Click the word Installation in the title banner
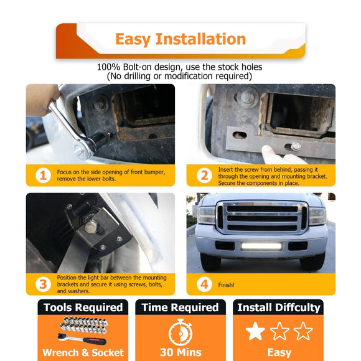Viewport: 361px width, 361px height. [201, 39]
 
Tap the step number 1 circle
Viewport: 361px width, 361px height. [43, 176]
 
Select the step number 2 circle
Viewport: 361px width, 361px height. [204, 176]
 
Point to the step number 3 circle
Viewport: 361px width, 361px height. [43, 284]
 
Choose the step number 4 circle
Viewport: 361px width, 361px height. [204, 284]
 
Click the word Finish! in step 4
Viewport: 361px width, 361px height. [226, 285]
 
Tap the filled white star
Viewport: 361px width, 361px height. [255, 331]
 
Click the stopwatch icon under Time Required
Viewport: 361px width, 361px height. [180, 332]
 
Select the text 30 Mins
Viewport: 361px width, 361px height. [180, 352]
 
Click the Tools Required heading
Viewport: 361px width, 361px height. [83, 307]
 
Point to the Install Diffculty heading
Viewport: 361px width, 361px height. [279, 308]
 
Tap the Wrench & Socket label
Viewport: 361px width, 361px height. [83, 352]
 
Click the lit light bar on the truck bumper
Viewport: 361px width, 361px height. [261, 246]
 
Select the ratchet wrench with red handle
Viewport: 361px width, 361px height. [82, 339]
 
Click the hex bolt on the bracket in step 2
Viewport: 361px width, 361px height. [296, 146]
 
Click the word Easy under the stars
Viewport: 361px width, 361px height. [279, 353]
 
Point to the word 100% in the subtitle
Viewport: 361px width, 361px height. [108, 67]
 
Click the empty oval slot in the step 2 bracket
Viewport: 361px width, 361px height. [240, 135]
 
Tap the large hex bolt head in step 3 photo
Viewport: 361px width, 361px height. [90, 227]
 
